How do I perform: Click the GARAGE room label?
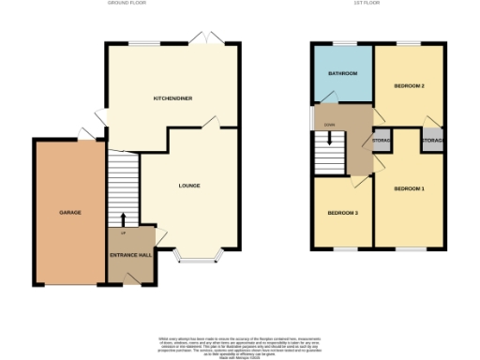tap(70, 213)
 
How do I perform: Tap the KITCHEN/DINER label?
tap(173, 98)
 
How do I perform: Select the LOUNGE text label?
tap(189, 186)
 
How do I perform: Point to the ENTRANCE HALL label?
tap(130, 255)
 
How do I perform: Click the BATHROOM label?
tap(342, 73)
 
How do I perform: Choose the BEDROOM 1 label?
tap(409, 189)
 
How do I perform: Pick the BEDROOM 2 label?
tap(409, 86)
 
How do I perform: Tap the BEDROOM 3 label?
tap(342, 213)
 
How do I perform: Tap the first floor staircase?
tap(329, 150)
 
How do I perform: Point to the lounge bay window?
tap(198, 257)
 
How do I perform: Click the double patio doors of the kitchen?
tap(202, 39)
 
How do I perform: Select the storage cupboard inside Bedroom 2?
tap(431, 140)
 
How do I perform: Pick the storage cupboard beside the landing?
tap(382, 141)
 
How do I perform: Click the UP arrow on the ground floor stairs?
tap(123, 220)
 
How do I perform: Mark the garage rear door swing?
tap(85, 132)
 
